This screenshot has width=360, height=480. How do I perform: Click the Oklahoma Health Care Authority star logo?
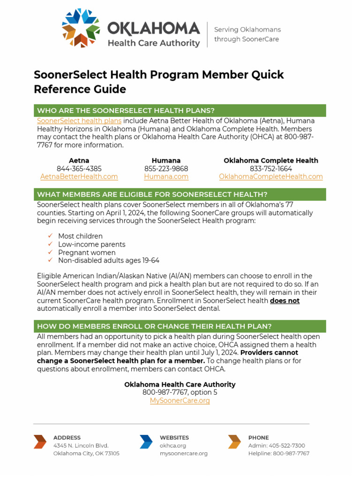coord(81,28)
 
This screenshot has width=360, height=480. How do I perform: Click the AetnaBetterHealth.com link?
coord(79,177)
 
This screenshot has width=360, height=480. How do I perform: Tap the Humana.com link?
coord(166,177)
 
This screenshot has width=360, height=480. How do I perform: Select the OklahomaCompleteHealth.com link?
coord(270,177)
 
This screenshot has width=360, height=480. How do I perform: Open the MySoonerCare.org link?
coord(180,401)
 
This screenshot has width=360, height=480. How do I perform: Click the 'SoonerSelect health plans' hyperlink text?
coord(79,120)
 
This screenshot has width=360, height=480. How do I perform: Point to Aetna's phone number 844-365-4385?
coord(79,169)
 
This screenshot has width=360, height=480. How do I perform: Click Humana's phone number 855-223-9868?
coord(166,169)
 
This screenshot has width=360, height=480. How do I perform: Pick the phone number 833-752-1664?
coord(270,169)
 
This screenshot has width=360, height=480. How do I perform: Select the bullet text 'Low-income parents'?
coord(91,245)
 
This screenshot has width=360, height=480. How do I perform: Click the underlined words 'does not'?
coord(285,300)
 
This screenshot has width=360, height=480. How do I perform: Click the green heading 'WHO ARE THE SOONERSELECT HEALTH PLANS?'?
coord(126,111)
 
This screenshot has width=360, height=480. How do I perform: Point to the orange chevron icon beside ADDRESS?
coord(40,442)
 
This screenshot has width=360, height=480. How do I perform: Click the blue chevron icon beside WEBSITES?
coord(146,442)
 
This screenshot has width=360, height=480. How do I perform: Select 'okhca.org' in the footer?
coord(173,446)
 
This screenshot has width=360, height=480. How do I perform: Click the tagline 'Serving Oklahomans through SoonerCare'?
coord(247,34)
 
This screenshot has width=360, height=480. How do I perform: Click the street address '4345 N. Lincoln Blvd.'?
coord(81,446)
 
